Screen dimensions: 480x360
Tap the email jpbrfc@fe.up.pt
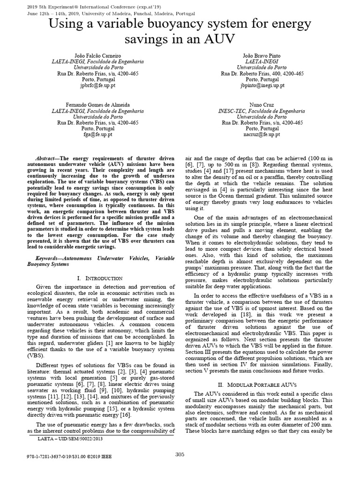click(97, 86)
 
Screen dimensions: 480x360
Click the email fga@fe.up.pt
click(97, 135)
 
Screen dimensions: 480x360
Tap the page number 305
click(180, 454)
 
